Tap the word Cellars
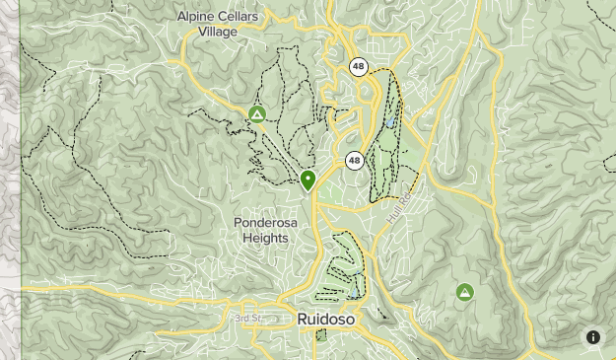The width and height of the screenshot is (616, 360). [242, 16]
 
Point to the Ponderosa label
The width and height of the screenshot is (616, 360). [265, 223]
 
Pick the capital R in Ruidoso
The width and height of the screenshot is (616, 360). [303, 319]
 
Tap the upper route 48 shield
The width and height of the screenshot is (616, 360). [359, 67]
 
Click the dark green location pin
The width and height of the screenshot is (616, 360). [308, 179]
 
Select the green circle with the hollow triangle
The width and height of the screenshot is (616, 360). [257, 115]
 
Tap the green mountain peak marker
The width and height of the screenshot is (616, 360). [464, 292]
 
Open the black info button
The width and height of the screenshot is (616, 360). [593, 337]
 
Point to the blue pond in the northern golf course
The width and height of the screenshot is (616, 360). [391, 123]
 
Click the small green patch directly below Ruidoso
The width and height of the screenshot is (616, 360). [320, 336]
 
